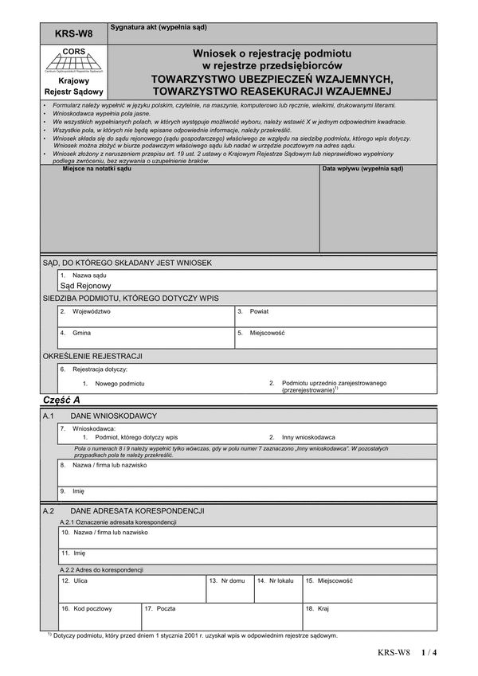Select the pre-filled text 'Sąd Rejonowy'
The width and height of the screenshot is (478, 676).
86,285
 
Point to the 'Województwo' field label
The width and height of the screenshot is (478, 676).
92,311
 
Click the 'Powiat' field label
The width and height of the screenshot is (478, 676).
259,311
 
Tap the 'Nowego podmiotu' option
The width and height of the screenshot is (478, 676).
119,383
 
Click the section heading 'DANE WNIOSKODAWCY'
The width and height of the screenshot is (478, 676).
114,416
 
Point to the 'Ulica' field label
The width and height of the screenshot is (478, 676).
80,580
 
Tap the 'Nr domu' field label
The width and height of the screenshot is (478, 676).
231,580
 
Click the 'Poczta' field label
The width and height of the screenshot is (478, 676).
165,608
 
